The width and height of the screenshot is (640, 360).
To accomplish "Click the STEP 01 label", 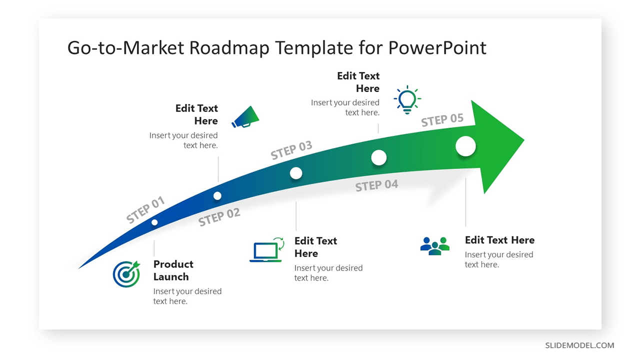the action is pyautogui.click(x=145, y=209).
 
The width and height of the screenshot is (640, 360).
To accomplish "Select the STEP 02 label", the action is pyautogui.click(x=219, y=217).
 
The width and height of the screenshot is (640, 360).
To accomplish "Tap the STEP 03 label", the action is pyautogui.click(x=291, y=149).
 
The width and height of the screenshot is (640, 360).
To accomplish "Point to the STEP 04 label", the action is pyautogui.click(x=376, y=185).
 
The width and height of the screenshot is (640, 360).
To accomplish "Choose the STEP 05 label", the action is pyautogui.click(x=442, y=119).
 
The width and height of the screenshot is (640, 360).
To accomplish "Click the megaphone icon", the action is pyautogui.click(x=245, y=117).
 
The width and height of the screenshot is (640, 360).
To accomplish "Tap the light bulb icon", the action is pyautogui.click(x=407, y=99).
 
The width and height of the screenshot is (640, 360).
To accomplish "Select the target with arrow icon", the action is pyautogui.click(x=126, y=273).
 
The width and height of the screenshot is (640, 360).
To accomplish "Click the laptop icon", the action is pyautogui.click(x=267, y=249).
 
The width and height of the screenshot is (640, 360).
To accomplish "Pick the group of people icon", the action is pyautogui.click(x=435, y=245).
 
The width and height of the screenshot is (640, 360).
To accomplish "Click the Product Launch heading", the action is pyautogui.click(x=173, y=270).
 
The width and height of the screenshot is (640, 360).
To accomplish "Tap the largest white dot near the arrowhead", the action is pyautogui.click(x=465, y=146).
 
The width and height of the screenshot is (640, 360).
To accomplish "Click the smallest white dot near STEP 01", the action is pyautogui.click(x=154, y=222).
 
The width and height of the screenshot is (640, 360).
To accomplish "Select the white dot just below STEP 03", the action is pyautogui.click(x=296, y=173).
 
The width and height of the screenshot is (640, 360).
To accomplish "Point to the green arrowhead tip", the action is pyautogui.click(x=524, y=140).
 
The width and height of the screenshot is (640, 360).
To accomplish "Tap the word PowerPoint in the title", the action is pyautogui.click(x=437, y=47).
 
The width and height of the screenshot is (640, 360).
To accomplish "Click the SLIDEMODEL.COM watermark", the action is pyautogui.click(x=579, y=345).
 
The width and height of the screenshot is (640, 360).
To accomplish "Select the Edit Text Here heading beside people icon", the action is pyautogui.click(x=499, y=240).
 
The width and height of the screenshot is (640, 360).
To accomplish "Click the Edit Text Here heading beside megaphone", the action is pyautogui.click(x=196, y=114).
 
